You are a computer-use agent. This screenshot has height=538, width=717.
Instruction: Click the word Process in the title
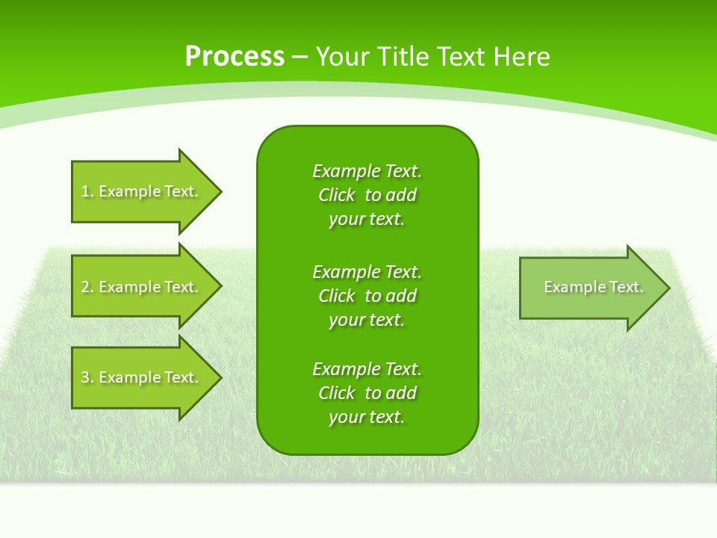(235, 57)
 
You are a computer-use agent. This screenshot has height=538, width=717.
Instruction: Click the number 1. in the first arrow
(87, 191)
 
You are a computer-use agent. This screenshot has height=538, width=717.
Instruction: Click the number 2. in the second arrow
(87, 287)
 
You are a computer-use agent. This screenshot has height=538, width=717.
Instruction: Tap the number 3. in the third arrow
(87, 377)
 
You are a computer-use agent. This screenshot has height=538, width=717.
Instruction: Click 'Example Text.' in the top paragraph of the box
(367, 171)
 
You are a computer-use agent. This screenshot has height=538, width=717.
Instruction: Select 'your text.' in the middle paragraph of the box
(366, 320)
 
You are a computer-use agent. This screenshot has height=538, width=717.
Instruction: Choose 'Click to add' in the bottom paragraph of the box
(367, 393)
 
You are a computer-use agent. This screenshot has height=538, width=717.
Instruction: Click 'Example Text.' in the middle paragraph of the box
(367, 271)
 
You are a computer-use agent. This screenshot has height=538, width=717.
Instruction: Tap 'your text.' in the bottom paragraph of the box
(366, 417)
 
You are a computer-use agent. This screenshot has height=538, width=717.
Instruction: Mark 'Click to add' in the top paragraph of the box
(367, 195)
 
